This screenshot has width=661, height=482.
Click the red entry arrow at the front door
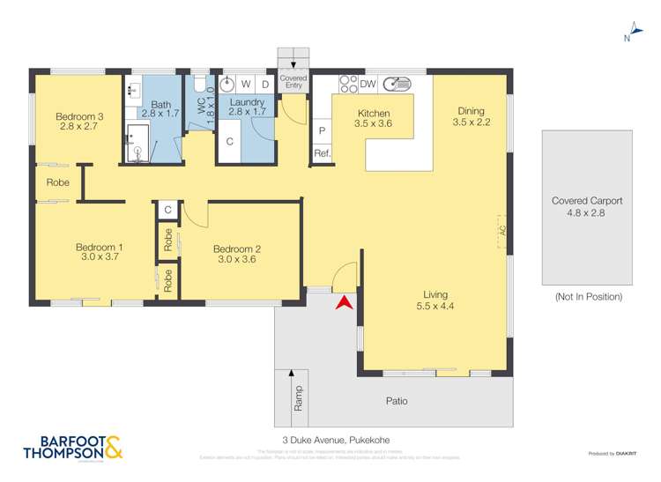click(345, 301)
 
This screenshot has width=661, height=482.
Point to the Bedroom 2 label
click(237, 248)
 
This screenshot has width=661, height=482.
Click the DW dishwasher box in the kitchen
click(368, 85)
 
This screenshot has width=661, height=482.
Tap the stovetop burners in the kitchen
click(347, 84)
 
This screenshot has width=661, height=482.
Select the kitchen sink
click(397, 85)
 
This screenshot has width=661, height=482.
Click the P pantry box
click(322, 130)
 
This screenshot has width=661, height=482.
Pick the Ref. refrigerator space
click(322, 154)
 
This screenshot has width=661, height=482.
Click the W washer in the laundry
click(247, 85)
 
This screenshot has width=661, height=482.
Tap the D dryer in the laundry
click(264, 85)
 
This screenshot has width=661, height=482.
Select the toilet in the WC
click(200, 85)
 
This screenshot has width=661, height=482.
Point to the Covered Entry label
click(293, 81)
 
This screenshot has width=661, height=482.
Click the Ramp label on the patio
click(298, 392)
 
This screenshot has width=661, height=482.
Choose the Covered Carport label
click(586, 201)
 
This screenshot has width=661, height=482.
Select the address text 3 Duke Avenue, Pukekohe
click(330, 440)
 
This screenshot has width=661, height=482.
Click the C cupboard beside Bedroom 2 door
click(167, 210)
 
